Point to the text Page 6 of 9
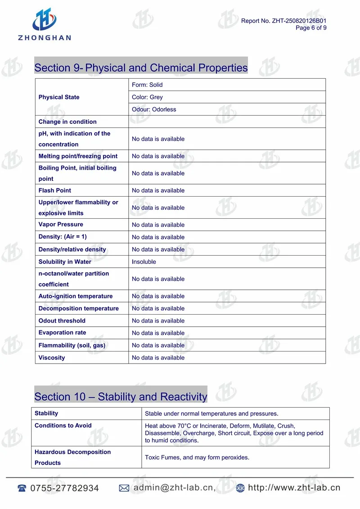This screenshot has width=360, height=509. (311, 28)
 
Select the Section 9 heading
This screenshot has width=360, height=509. (141, 68)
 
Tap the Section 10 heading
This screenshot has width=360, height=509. (121, 396)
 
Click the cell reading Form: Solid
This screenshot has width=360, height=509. (147, 85)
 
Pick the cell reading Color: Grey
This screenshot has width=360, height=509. (147, 97)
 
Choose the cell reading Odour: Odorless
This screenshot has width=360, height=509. (154, 109)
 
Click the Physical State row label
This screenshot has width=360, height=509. (59, 97)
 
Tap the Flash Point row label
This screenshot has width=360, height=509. (55, 190)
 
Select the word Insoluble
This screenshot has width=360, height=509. (144, 261)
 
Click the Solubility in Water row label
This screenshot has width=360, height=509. (65, 261)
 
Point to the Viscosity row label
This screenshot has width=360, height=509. (52, 358)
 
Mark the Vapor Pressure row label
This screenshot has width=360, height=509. (61, 225)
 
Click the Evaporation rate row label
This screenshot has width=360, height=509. (62, 333)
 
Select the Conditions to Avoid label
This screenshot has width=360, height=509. (63, 425)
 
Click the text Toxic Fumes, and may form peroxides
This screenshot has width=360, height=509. (197, 457)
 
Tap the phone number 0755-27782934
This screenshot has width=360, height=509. (64, 488)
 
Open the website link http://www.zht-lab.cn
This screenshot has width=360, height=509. (294, 487)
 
